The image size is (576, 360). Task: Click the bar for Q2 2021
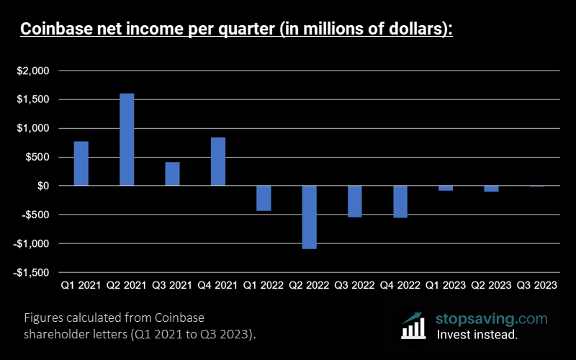(x=127, y=140)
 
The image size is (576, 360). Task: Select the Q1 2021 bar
(x=81, y=163)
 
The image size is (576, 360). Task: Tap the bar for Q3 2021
(x=172, y=174)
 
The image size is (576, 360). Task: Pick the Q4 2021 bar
(x=218, y=161)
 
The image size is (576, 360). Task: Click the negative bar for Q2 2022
(x=310, y=217)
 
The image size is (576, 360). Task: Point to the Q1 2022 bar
(x=264, y=198)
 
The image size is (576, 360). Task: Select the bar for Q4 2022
(x=400, y=202)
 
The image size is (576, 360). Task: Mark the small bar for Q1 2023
(x=446, y=188)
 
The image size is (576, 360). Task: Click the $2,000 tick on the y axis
(x=33, y=71)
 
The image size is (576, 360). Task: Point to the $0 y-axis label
(x=43, y=186)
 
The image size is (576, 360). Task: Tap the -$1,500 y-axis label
(x=31, y=273)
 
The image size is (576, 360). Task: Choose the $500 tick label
(x=37, y=157)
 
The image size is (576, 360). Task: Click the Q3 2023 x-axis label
(x=537, y=285)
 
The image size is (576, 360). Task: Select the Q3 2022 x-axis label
(x=355, y=285)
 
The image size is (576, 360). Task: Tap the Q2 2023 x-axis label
(x=492, y=285)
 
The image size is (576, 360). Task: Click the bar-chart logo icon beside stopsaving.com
(x=414, y=325)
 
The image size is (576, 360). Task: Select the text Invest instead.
(x=477, y=335)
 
